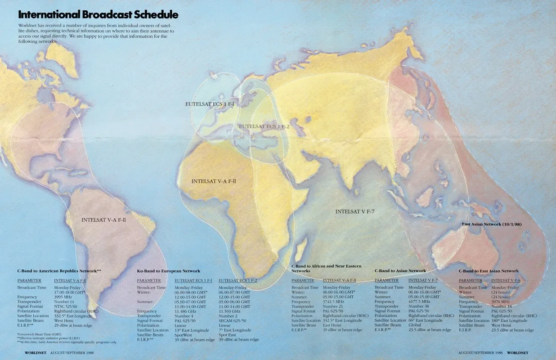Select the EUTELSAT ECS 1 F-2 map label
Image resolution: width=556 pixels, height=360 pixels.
tap(264, 126)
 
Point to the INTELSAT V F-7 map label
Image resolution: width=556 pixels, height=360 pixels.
tap(355, 211)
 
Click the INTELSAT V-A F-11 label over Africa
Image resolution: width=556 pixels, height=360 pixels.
tap(214, 181)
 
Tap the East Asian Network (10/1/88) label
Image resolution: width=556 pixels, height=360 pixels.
tap(494, 224)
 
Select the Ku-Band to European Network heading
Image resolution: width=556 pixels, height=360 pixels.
tap(169, 271)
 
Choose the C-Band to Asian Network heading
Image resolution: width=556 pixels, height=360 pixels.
tap(400, 270)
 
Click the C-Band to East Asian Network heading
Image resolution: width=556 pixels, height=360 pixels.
tap(489, 271)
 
